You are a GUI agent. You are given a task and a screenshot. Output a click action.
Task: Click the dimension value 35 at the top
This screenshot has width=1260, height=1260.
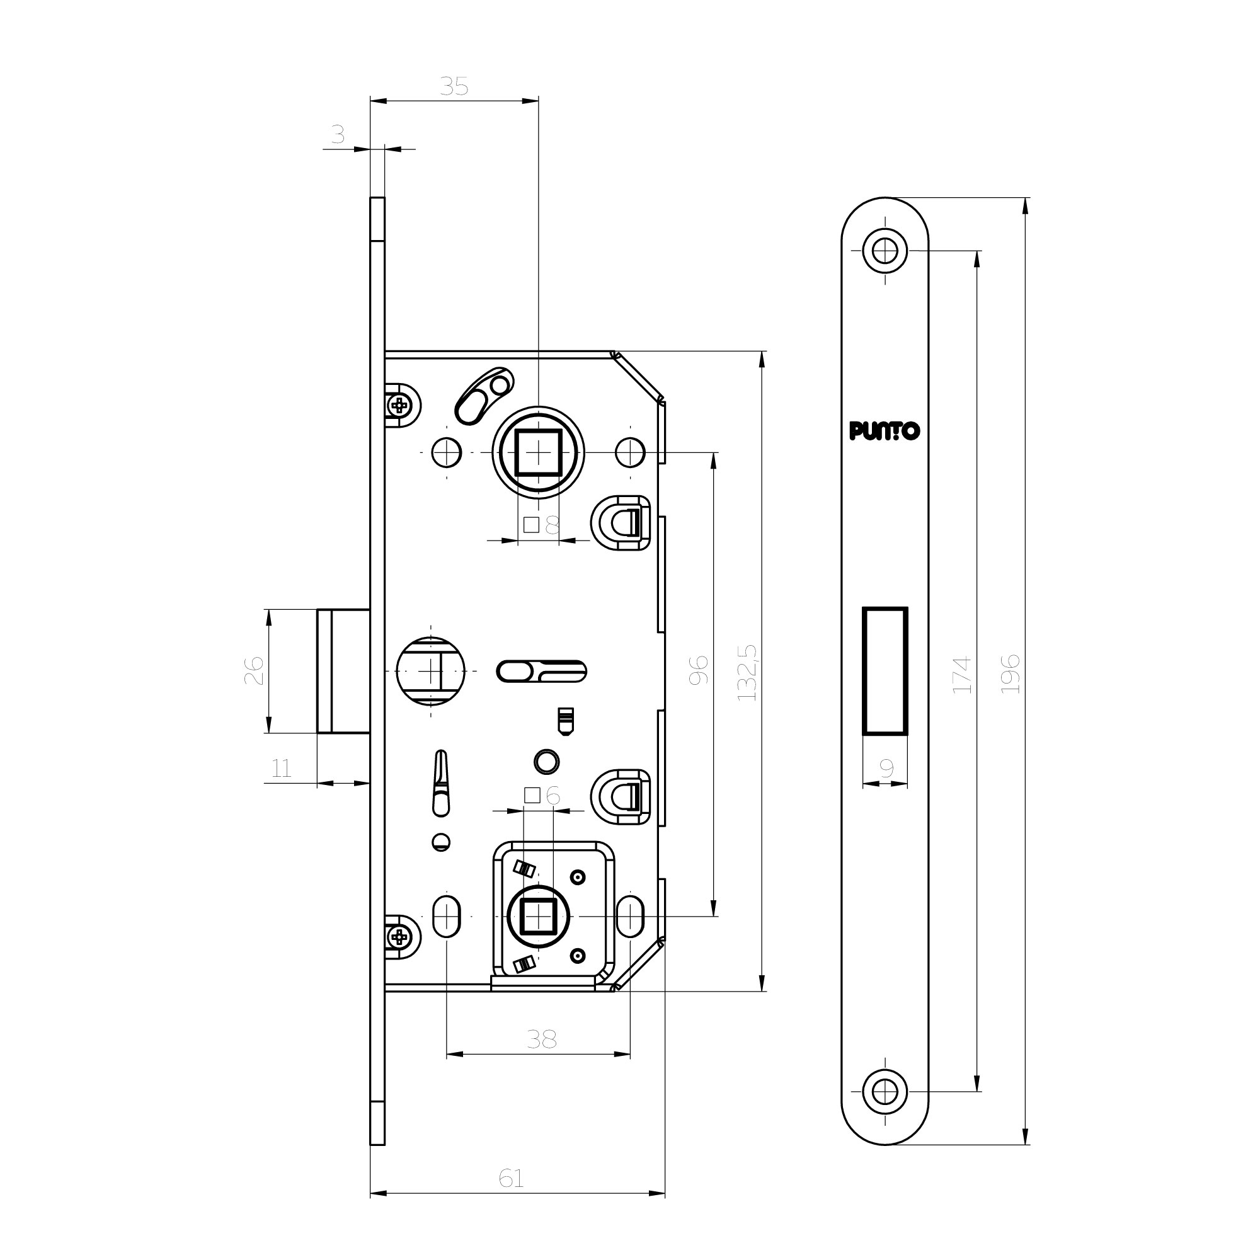coord(454,86)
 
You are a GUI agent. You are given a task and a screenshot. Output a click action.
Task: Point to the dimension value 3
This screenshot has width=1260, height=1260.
coord(337,134)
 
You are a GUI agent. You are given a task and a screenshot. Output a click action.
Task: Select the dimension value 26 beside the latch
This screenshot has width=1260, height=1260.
coord(255,670)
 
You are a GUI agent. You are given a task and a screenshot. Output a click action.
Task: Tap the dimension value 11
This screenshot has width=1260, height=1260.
coord(281,768)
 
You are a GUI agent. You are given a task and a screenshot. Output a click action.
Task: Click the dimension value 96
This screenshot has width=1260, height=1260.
coord(698,670)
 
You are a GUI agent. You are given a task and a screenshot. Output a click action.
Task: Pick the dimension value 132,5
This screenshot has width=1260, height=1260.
coord(747,672)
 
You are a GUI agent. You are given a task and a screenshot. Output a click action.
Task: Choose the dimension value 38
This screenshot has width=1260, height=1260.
coord(541,1039)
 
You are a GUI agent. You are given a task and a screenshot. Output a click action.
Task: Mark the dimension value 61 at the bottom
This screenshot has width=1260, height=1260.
coord(511,1178)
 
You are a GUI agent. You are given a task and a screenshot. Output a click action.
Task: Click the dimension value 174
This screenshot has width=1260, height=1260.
coord(962,674)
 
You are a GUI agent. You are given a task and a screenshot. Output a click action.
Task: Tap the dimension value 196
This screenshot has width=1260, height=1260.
coord(1011,673)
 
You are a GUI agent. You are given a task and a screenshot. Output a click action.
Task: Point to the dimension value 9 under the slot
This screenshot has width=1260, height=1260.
coord(886,768)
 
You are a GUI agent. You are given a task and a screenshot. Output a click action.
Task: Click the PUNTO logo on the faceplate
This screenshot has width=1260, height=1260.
coord(885,431)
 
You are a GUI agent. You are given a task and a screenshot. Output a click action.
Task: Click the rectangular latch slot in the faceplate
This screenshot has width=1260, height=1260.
coord(885,671)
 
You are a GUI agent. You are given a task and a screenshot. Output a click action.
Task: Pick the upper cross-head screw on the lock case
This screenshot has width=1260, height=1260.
coord(399,406)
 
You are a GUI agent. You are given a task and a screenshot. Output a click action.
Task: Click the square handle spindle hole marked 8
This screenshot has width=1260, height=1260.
coord(539,452)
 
